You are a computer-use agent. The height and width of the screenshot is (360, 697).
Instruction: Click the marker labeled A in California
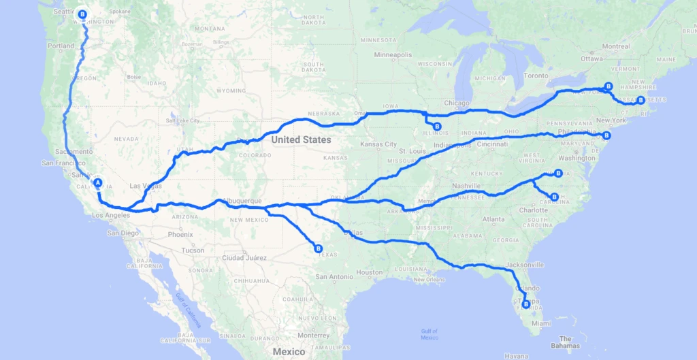[x=97, y=182]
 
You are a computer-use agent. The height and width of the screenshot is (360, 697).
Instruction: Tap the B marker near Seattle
[x=83, y=14]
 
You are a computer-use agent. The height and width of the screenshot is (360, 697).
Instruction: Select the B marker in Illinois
[x=437, y=127]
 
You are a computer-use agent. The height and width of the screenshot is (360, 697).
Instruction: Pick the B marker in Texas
[x=318, y=248]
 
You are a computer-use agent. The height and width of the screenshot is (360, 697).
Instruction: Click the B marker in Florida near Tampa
[x=525, y=304]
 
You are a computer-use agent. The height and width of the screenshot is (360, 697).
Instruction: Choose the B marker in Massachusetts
[x=641, y=100]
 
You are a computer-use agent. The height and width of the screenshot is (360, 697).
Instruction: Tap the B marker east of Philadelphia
[x=608, y=135]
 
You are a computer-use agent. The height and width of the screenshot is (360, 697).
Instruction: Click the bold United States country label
[x=301, y=140]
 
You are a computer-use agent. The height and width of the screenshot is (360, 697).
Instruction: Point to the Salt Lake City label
[x=178, y=120]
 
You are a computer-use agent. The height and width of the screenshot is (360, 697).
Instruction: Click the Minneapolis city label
[x=392, y=54]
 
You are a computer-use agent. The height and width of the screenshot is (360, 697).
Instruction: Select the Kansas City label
[x=380, y=144]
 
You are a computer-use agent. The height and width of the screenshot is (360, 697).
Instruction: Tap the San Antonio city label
[x=334, y=276]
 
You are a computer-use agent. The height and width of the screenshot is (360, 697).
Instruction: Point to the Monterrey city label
[x=313, y=335]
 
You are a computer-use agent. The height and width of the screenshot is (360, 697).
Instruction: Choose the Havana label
[x=517, y=356]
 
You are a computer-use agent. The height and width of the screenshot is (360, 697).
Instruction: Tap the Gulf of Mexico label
[x=429, y=334]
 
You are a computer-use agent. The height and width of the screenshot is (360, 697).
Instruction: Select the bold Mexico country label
[x=289, y=351]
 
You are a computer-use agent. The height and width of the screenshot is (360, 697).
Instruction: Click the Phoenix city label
[x=180, y=234]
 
